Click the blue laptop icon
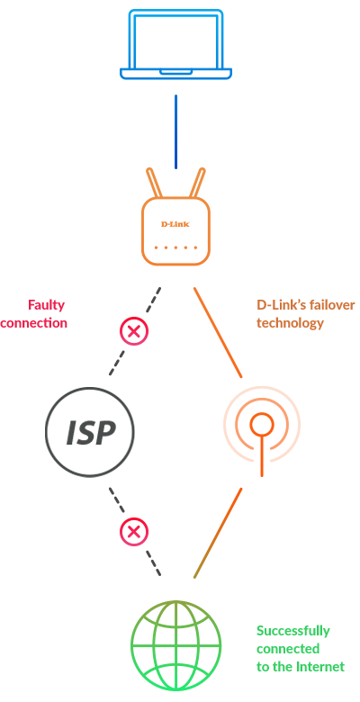click(x=175, y=44)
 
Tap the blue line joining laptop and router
click(x=175, y=131)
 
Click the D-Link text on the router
click(x=175, y=224)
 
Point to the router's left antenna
click(x=154, y=183)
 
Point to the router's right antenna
click(x=197, y=183)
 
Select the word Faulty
click(x=46, y=306)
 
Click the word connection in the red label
click(x=33, y=323)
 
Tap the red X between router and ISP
click(x=133, y=332)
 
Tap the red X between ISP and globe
click(x=133, y=532)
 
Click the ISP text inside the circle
click(x=91, y=433)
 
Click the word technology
click(x=290, y=323)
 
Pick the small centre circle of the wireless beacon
click(x=262, y=425)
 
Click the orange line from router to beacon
click(x=218, y=332)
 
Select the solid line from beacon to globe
click(x=218, y=533)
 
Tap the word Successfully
click(x=292, y=632)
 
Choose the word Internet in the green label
click(x=321, y=667)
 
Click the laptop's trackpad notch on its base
click(x=176, y=72)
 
